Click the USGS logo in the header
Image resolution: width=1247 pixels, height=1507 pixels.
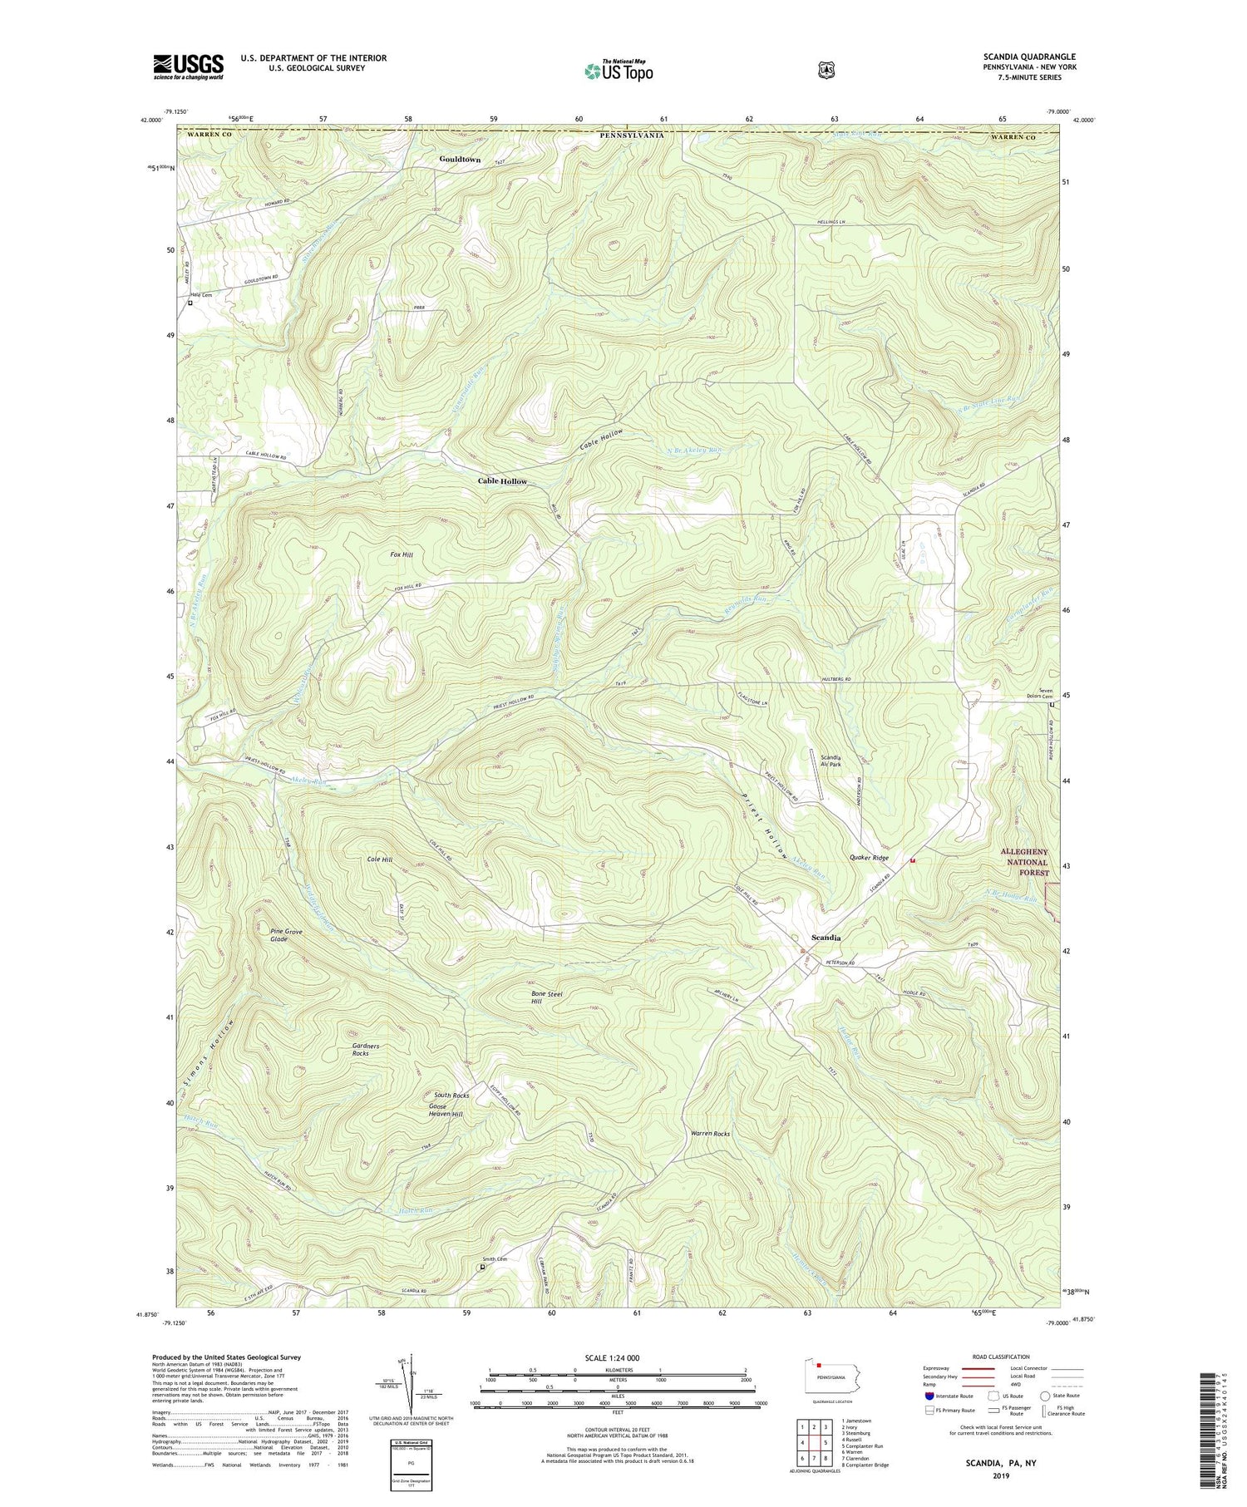point(188,66)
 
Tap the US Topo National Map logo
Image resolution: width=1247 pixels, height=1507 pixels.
point(619,70)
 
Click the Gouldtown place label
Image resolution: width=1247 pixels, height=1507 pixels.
point(460,159)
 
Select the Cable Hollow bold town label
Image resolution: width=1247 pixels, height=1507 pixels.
point(502,481)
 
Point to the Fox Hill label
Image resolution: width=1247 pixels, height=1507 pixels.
point(402,554)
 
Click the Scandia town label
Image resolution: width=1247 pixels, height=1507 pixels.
point(826,937)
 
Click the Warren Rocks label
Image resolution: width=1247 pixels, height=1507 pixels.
point(710,1133)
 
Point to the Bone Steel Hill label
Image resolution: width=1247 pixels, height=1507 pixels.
point(547,997)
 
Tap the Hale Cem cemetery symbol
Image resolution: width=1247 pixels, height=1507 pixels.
point(190,303)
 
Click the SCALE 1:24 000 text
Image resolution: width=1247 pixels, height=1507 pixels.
point(617,1357)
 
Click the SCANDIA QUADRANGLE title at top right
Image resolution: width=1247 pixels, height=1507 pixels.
point(1028,57)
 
